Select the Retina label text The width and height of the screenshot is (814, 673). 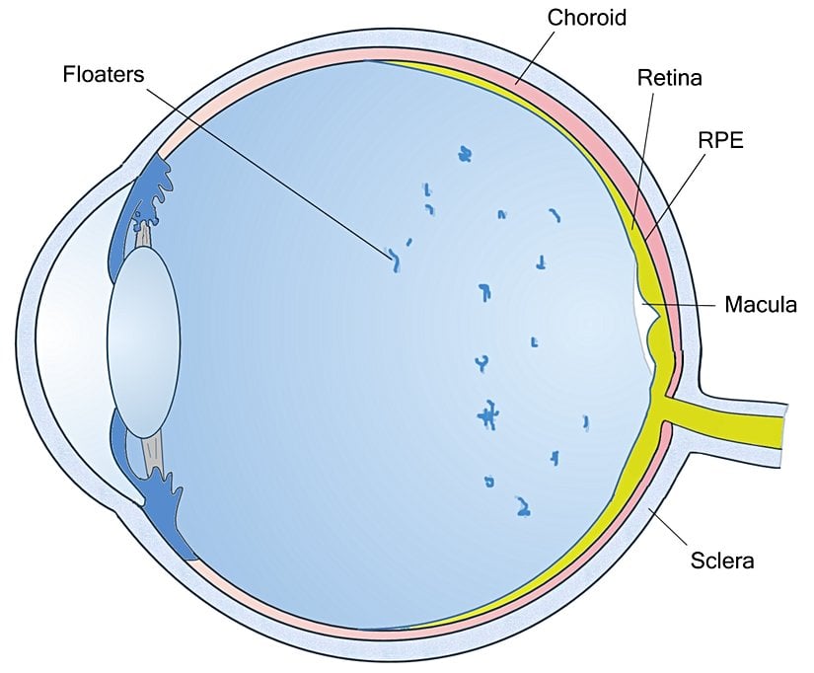coord(669,76)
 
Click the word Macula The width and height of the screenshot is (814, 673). coord(760,304)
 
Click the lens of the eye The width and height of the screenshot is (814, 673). coord(144,341)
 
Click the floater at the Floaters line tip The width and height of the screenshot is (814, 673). coord(395,261)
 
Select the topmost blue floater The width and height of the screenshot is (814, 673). coord(465,154)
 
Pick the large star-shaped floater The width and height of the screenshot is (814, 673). coord(486,416)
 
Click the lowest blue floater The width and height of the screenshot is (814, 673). coord(522,507)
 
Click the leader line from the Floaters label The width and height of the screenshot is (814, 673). coord(266,168)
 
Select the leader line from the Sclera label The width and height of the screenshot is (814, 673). coord(667,523)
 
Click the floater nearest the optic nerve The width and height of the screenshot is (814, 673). coord(585,422)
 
